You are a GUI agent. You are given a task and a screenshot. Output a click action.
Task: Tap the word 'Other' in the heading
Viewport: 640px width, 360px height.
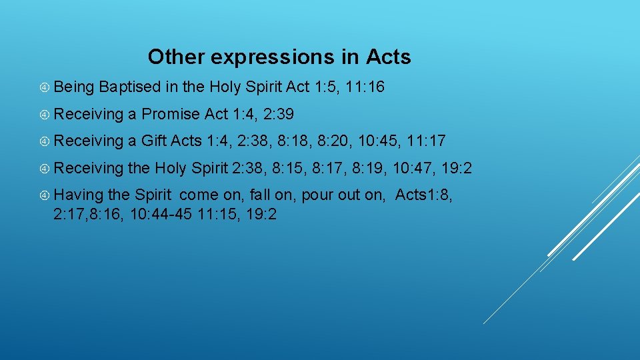177,57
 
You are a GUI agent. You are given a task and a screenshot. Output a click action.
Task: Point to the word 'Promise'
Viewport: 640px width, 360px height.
171,114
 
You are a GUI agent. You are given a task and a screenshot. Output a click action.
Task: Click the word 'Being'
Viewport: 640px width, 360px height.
75,87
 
